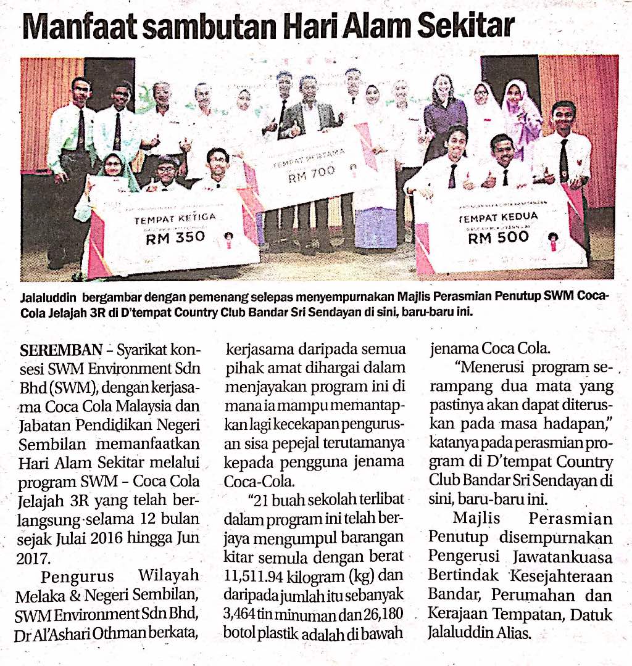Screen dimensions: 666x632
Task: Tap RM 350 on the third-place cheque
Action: pyautogui.click(x=175, y=237)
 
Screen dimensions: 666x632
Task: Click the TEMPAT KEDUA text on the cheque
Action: pyautogui.click(x=498, y=217)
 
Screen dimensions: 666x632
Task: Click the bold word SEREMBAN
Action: pyautogui.click(x=61, y=351)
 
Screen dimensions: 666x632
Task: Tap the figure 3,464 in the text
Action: pyautogui.click(x=243, y=615)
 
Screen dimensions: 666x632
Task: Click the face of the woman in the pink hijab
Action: pyautogui.click(x=513, y=96)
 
